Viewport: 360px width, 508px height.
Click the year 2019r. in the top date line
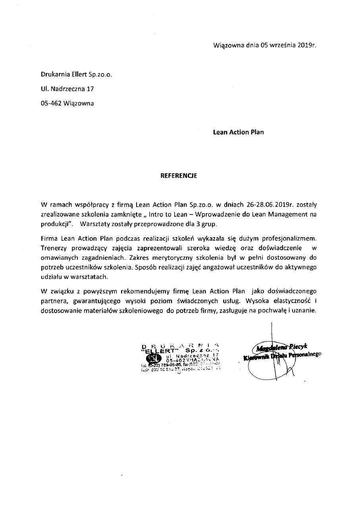click(x=307, y=45)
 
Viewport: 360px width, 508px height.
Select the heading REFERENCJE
click(x=178, y=174)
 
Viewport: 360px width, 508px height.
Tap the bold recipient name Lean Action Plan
click(x=238, y=132)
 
